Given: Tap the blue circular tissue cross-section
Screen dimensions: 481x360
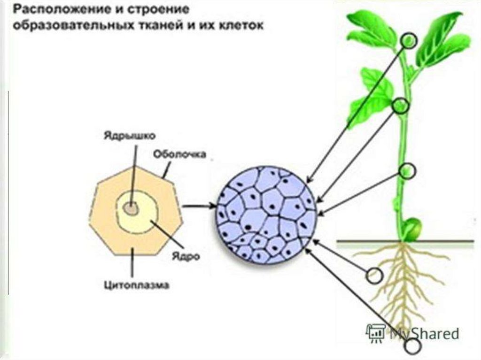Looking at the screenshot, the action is [x=266, y=214].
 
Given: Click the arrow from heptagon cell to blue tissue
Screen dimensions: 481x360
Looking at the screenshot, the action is [x=199, y=206].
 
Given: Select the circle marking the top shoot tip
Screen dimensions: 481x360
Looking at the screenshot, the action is [x=409, y=41].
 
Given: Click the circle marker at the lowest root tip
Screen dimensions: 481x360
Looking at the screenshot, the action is [x=413, y=346].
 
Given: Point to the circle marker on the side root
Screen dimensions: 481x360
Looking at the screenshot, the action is [x=374, y=276].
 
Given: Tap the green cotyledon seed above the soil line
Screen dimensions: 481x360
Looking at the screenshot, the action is [x=413, y=228].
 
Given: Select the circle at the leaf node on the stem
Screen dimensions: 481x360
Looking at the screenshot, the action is [x=400, y=106].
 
